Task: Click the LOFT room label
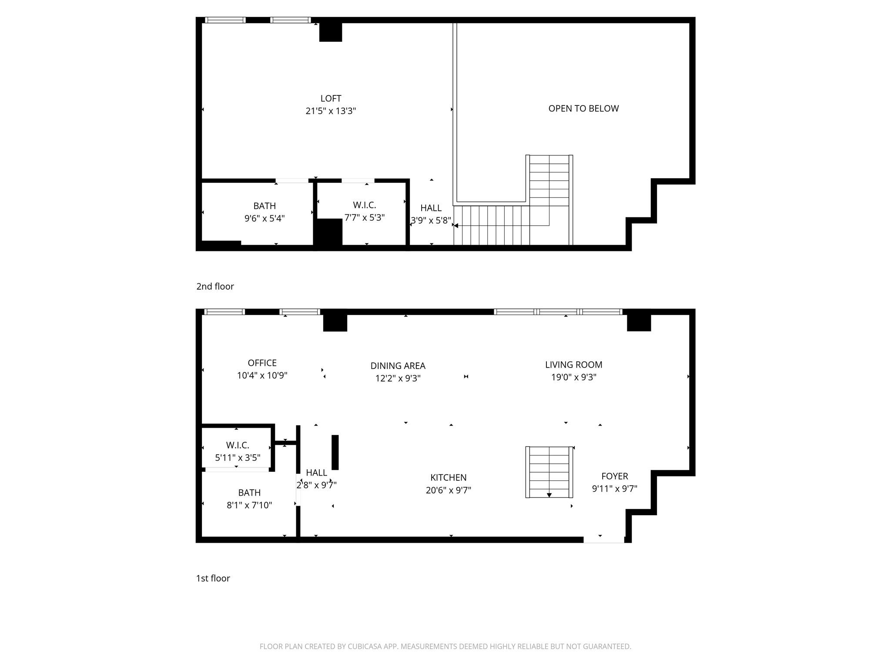click(x=331, y=98)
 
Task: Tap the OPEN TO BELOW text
click(x=583, y=108)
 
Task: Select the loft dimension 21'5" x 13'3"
click(x=331, y=111)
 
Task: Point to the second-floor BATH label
click(x=265, y=206)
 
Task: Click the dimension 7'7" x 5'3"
click(x=365, y=217)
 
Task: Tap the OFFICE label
click(x=262, y=363)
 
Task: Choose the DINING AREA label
click(x=398, y=366)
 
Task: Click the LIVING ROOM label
click(x=574, y=365)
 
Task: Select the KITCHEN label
click(x=449, y=477)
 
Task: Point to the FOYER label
click(x=615, y=476)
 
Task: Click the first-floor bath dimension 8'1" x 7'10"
click(x=249, y=505)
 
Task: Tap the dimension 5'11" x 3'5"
click(x=238, y=458)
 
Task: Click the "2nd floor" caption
click(x=215, y=286)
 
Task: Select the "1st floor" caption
click(x=213, y=578)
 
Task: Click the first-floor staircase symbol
click(x=549, y=472)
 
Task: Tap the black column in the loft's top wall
click(x=331, y=32)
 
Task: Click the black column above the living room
click(x=639, y=323)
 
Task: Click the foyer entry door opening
click(x=604, y=540)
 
